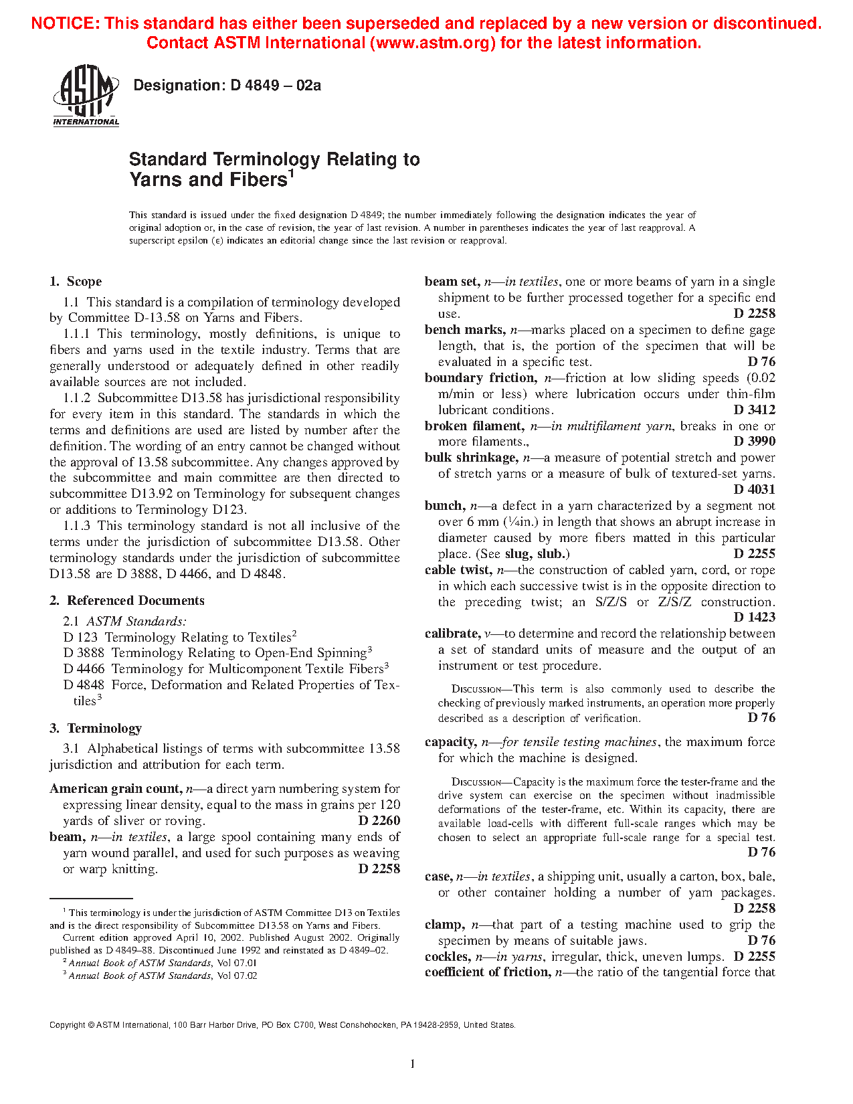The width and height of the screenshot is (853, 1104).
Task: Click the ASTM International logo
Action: click(x=86, y=96)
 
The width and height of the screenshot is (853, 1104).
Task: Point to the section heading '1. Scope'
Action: click(x=76, y=282)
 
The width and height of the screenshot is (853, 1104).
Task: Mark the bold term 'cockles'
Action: click(x=447, y=957)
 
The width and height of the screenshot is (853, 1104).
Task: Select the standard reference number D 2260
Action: click(x=379, y=821)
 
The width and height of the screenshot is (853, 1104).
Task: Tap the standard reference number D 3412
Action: click(x=754, y=409)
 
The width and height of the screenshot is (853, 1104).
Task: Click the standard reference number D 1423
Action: click(x=754, y=618)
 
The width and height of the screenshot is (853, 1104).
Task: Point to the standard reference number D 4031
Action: click(x=754, y=489)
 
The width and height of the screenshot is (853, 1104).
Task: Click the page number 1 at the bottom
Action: click(x=412, y=1065)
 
